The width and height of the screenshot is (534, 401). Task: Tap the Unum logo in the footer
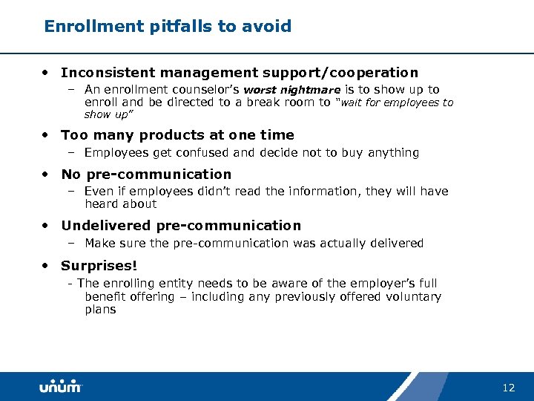point(60,387)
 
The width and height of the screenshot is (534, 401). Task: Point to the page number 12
point(508,388)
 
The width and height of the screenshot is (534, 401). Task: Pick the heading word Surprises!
point(99,265)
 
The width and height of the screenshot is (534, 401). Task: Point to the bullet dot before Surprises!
point(47,265)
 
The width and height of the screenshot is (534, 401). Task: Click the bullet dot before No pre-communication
point(47,174)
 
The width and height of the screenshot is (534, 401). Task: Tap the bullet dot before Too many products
point(47,134)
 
